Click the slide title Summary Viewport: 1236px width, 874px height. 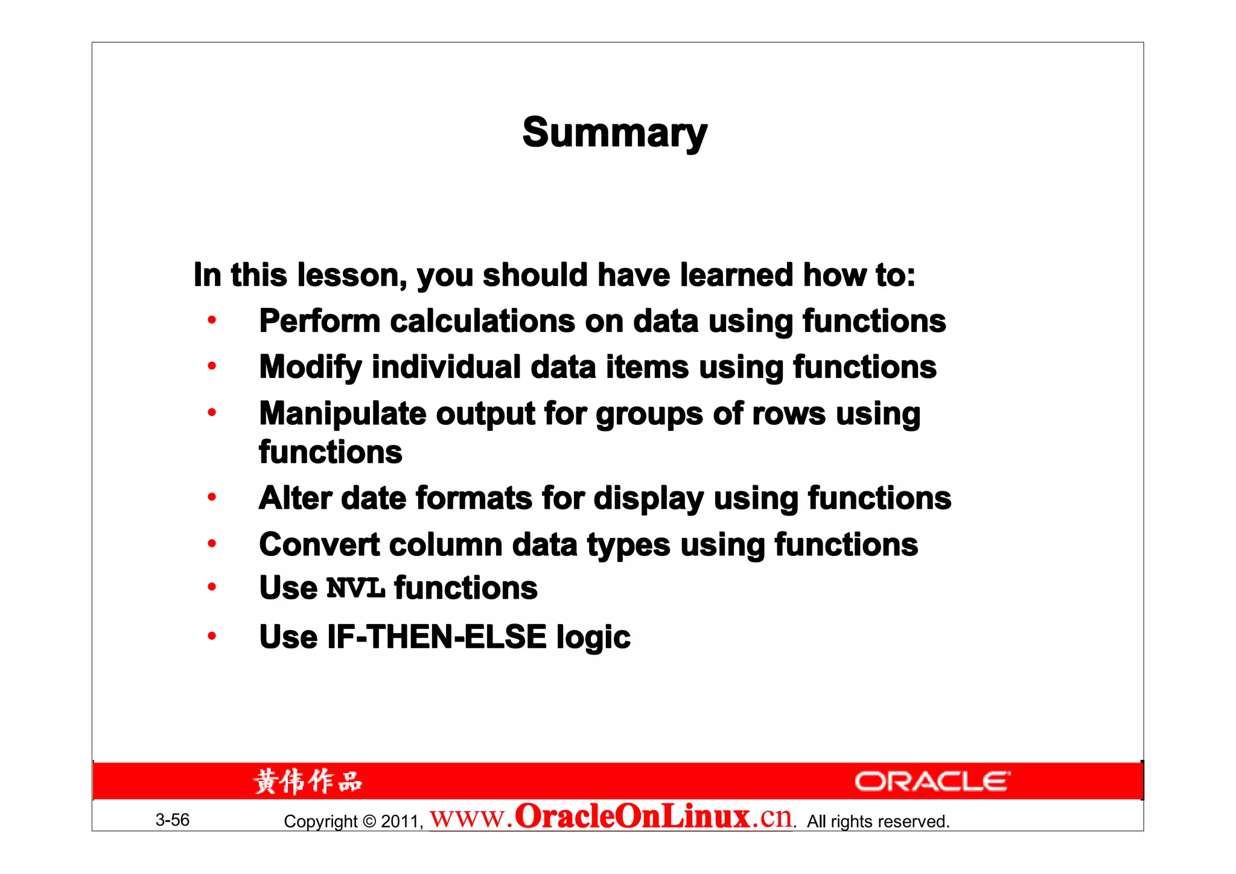(614, 133)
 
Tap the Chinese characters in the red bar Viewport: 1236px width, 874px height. (308, 782)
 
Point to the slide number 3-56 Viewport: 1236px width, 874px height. (173, 820)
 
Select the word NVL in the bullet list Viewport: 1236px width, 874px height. (355, 589)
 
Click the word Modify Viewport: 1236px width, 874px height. (310, 368)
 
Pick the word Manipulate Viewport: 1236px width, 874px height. (342, 414)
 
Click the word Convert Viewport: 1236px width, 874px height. (319, 545)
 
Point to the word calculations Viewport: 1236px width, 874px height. (482, 321)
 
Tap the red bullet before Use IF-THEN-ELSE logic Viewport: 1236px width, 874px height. (212, 636)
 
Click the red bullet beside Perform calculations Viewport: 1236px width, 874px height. (212, 321)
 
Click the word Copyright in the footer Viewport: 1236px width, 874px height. (320, 821)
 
